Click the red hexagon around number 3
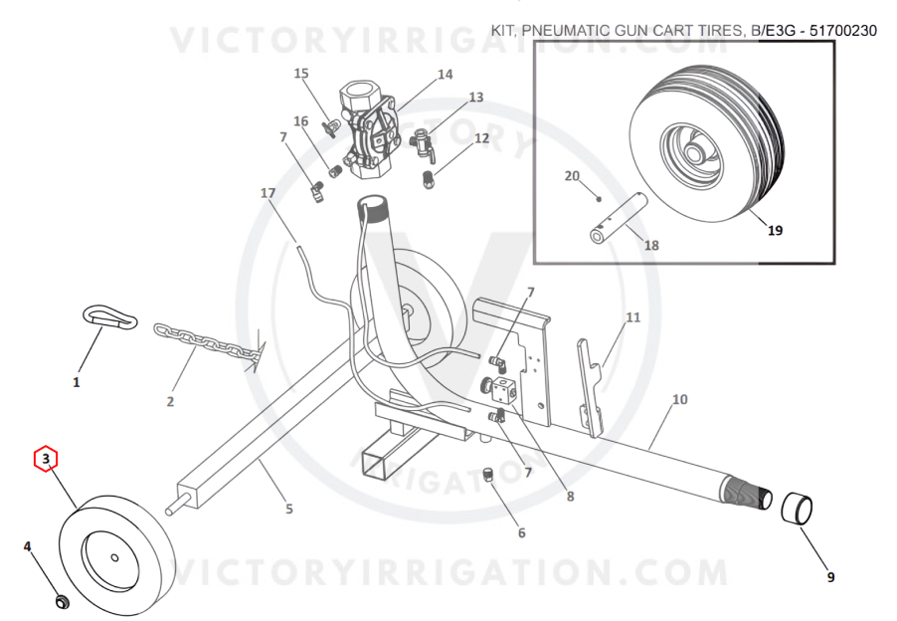tap(47, 459)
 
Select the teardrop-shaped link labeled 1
tap(110, 315)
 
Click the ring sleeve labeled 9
tap(797, 508)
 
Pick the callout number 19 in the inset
tap(775, 230)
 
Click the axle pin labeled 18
tap(619, 219)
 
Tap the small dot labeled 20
tap(599, 199)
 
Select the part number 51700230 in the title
tap(842, 30)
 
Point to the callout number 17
tap(268, 193)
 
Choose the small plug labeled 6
tap(488, 475)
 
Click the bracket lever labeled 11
tap(591, 387)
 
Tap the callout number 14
tap(446, 75)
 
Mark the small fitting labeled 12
tap(428, 179)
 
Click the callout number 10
tap(679, 399)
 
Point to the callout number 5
tap(289, 509)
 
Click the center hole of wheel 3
tap(114, 558)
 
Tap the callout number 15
tap(301, 74)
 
